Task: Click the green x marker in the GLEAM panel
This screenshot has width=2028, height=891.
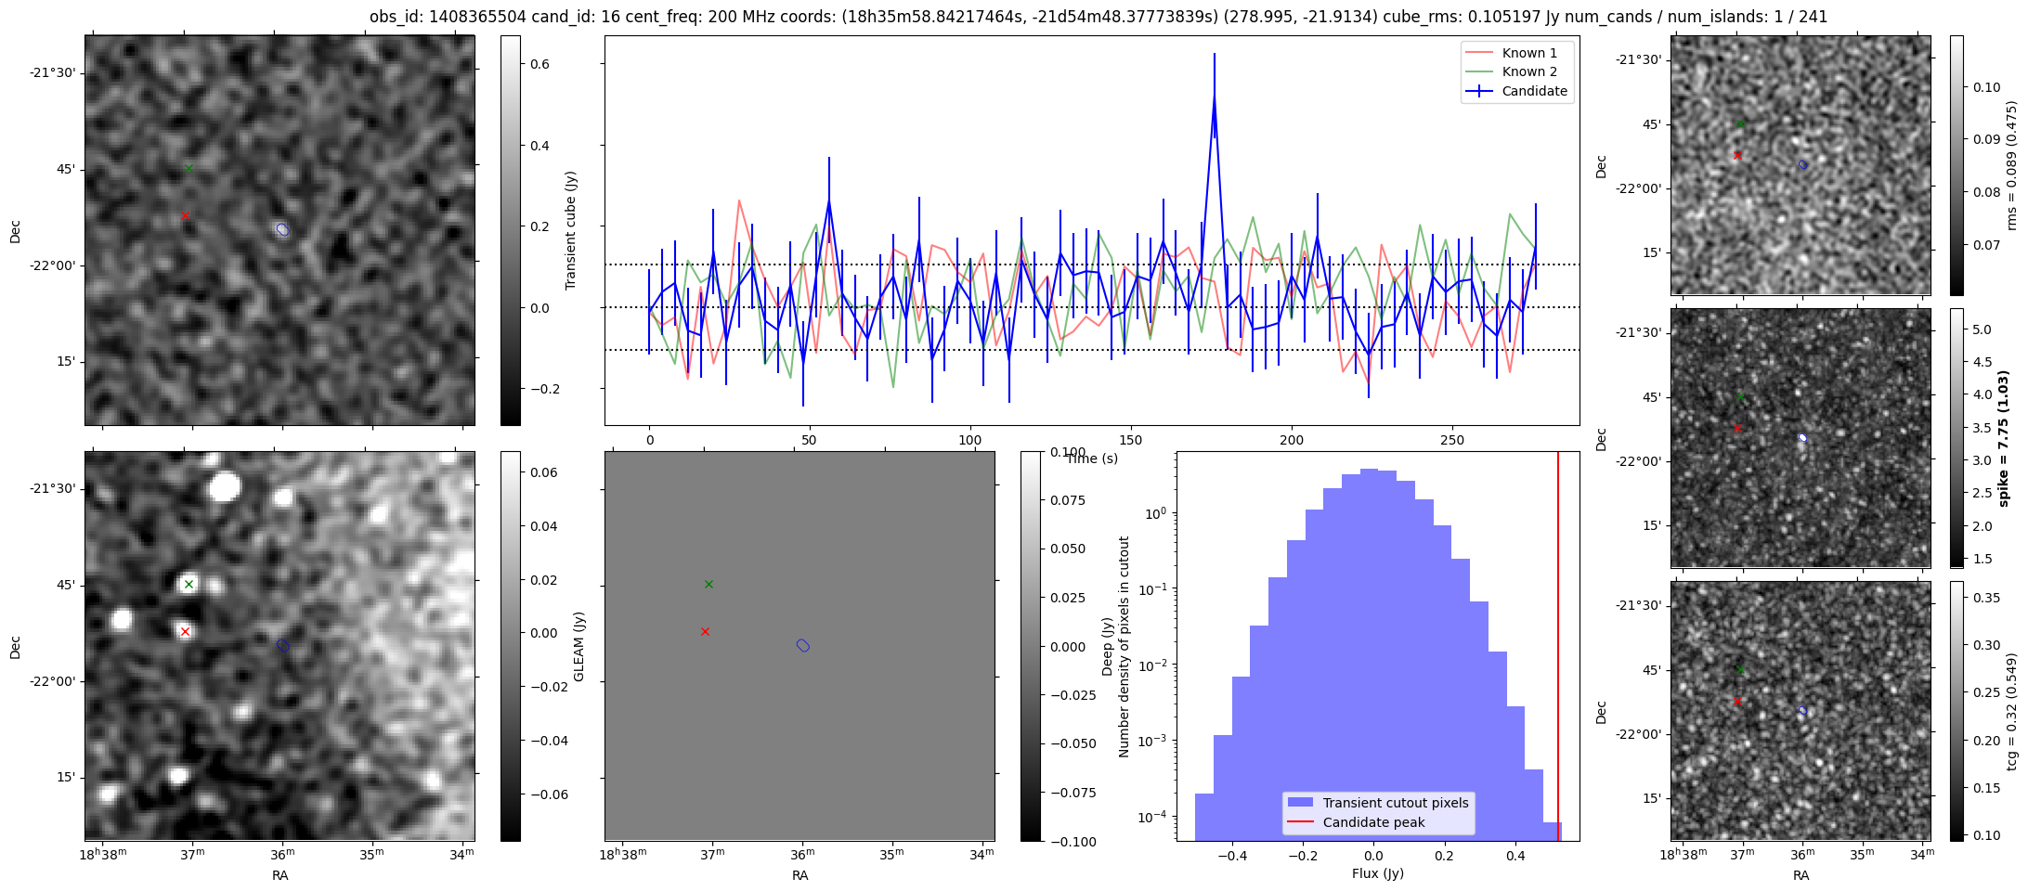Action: point(708,584)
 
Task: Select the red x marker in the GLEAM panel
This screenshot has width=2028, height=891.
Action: point(705,631)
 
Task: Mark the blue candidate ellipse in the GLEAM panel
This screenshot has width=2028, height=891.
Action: point(803,645)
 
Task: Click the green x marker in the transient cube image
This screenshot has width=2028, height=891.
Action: point(188,168)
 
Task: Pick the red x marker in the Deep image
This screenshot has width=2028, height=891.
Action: point(185,631)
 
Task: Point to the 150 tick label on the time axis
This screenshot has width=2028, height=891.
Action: point(1131,440)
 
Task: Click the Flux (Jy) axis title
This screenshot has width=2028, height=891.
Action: point(1378,873)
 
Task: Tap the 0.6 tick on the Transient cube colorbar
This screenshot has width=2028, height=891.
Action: point(539,64)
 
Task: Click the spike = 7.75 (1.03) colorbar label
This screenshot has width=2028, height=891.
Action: point(2004,438)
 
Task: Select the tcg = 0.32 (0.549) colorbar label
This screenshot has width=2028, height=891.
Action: point(2012,712)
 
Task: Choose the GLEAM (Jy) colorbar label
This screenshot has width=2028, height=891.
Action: point(579,646)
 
